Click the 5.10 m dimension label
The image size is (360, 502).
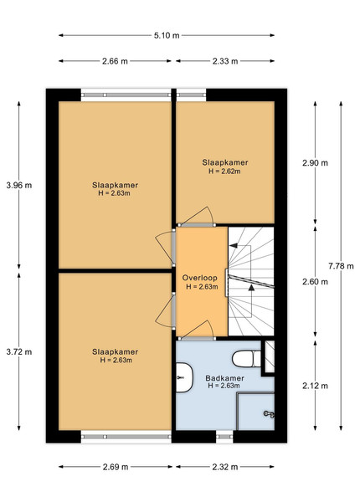pyautogui.click(x=167, y=35)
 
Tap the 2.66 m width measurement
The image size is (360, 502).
pyautogui.click(x=115, y=61)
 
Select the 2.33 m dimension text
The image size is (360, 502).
pyautogui.click(x=225, y=61)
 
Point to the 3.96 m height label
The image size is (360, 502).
pyautogui.click(x=19, y=185)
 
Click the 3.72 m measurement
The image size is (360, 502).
pyautogui.click(x=19, y=352)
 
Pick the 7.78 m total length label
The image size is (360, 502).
pyautogui.click(x=341, y=266)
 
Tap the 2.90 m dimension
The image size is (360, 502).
pyautogui.click(x=315, y=163)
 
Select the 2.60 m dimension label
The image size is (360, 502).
pyautogui.click(x=315, y=282)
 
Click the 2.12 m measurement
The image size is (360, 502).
pyautogui.click(x=315, y=386)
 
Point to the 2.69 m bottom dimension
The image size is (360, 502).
pyautogui.click(x=116, y=467)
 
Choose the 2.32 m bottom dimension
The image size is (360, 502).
pyautogui.click(x=225, y=467)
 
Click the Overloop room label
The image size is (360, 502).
pyautogui.click(x=199, y=278)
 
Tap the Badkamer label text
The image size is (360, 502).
pyautogui.click(x=225, y=378)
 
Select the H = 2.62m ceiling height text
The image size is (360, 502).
pyautogui.click(x=224, y=172)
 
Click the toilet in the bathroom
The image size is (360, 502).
pyautogui.click(x=247, y=359)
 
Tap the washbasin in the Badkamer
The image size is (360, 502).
pyautogui.click(x=184, y=377)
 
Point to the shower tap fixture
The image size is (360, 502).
pyautogui.click(x=269, y=414)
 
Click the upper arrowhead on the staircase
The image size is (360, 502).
pyautogui.click(x=234, y=245)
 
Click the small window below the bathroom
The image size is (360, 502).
pyautogui.click(x=224, y=437)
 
